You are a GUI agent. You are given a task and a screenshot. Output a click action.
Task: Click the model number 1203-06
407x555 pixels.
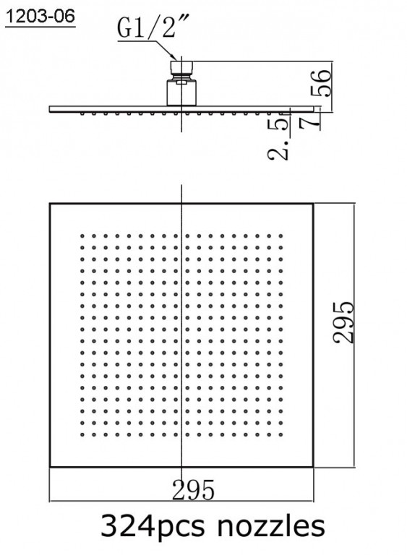click(x=40, y=17)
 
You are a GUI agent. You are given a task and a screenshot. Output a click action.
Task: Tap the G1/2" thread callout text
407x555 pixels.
click(x=146, y=28)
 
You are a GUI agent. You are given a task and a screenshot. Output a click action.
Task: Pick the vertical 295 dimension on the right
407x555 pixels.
click(x=343, y=322)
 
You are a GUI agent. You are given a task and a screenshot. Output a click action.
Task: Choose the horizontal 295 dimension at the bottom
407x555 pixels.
click(x=194, y=490)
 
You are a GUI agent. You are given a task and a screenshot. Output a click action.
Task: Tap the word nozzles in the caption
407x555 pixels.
click(x=271, y=525)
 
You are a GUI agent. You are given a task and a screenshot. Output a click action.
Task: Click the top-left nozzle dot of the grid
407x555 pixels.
click(x=82, y=236)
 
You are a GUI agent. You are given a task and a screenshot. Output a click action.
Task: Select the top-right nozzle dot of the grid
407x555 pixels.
click(x=280, y=236)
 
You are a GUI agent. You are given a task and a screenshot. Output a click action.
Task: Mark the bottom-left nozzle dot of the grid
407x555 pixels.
click(x=82, y=434)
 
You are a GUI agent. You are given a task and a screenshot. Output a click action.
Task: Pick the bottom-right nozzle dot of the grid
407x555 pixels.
click(x=280, y=434)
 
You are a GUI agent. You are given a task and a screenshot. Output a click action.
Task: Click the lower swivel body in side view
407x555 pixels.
click(x=181, y=92)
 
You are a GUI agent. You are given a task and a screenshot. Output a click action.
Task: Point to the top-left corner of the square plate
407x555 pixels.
click(x=50, y=204)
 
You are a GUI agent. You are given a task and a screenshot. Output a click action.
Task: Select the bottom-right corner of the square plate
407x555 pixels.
click(x=314, y=467)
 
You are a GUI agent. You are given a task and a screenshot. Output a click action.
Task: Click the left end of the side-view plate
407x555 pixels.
click(x=49, y=109)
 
